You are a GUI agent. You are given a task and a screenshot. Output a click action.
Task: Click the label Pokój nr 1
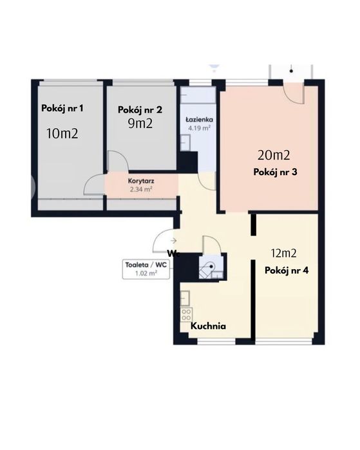click(x=62, y=109)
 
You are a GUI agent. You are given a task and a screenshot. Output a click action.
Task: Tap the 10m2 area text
click(x=62, y=133)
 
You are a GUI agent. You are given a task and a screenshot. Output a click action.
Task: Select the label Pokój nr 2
click(x=140, y=110)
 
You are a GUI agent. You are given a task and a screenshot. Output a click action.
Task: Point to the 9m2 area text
click(x=140, y=123)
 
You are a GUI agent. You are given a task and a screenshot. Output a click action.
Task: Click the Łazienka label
click(x=199, y=119)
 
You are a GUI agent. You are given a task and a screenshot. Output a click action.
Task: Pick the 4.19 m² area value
click(x=199, y=127)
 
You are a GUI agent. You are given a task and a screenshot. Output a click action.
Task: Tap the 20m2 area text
click(x=274, y=155)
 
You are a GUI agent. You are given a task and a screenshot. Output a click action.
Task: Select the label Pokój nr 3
click(x=275, y=172)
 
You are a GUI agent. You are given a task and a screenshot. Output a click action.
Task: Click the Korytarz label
click(x=141, y=181)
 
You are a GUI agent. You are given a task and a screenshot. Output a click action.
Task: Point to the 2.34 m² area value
click(x=141, y=189)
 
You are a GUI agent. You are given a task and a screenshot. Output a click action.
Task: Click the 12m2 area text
click(x=283, y=253)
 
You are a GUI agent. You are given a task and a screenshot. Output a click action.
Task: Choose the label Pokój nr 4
click(x=287, y=270)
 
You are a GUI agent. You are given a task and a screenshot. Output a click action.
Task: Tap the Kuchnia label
click(x=208, y=326)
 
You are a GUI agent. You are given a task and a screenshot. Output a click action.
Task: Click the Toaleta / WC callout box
click(x=146, y=269)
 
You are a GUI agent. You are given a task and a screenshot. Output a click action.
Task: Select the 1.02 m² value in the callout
click(x=146, y=273)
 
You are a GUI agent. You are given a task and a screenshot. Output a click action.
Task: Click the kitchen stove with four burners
click(x=186, y=315)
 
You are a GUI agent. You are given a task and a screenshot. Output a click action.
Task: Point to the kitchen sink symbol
click(x=185, y=298)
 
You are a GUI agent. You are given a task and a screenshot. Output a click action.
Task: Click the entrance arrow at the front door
click(x=173, y=241)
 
